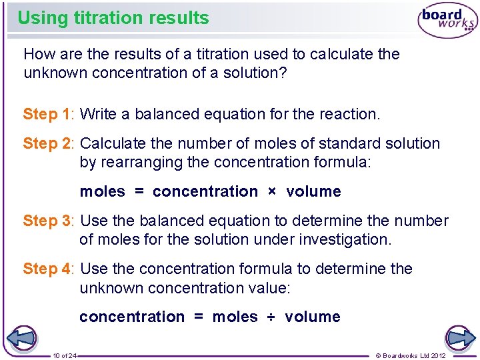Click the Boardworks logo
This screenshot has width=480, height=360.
coord(447,20)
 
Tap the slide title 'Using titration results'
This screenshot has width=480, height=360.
coord(113,18)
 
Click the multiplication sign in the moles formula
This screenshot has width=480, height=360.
coord(271,192)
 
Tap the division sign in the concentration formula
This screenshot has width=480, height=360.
coord(271,317)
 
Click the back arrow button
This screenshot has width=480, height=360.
coord(21,338)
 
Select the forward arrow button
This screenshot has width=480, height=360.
coord(459,338)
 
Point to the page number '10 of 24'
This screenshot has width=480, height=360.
coord(65,355)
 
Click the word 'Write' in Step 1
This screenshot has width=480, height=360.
coord(99,114)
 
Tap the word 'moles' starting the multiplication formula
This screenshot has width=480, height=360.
coord(102,192)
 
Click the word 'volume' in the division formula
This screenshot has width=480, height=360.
coord(312,317)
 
